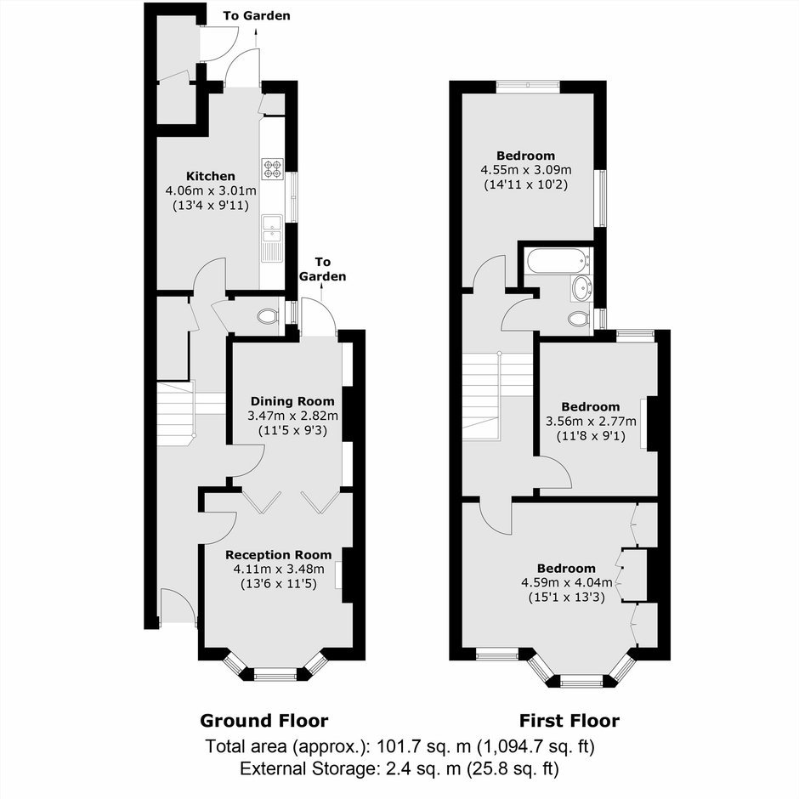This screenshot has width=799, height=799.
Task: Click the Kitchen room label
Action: [211, 176]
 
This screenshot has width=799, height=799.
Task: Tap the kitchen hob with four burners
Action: [273, 168]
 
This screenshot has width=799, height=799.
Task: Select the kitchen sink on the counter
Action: [272, 238]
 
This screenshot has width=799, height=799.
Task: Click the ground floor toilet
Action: [268, 317]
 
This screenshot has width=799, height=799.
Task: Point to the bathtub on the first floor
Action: [558, 260]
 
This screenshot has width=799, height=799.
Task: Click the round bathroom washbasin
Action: [581, 288]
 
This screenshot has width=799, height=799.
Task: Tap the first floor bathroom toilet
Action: [579, 319]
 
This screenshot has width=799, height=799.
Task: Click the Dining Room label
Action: [292, 401]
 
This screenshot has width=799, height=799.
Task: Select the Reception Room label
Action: [278, 555]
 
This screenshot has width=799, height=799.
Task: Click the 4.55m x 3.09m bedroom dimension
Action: [526, 170]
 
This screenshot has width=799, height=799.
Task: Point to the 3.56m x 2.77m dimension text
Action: [591, 422]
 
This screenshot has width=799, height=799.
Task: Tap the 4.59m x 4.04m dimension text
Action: [567, 582]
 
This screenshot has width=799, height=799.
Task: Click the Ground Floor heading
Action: [264, 721]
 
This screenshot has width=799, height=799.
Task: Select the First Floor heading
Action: [569, 721]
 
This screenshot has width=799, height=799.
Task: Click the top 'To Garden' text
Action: [257, 16]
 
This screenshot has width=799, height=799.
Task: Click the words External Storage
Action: [307, 769]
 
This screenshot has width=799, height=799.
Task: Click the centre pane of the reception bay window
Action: [275, 677]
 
